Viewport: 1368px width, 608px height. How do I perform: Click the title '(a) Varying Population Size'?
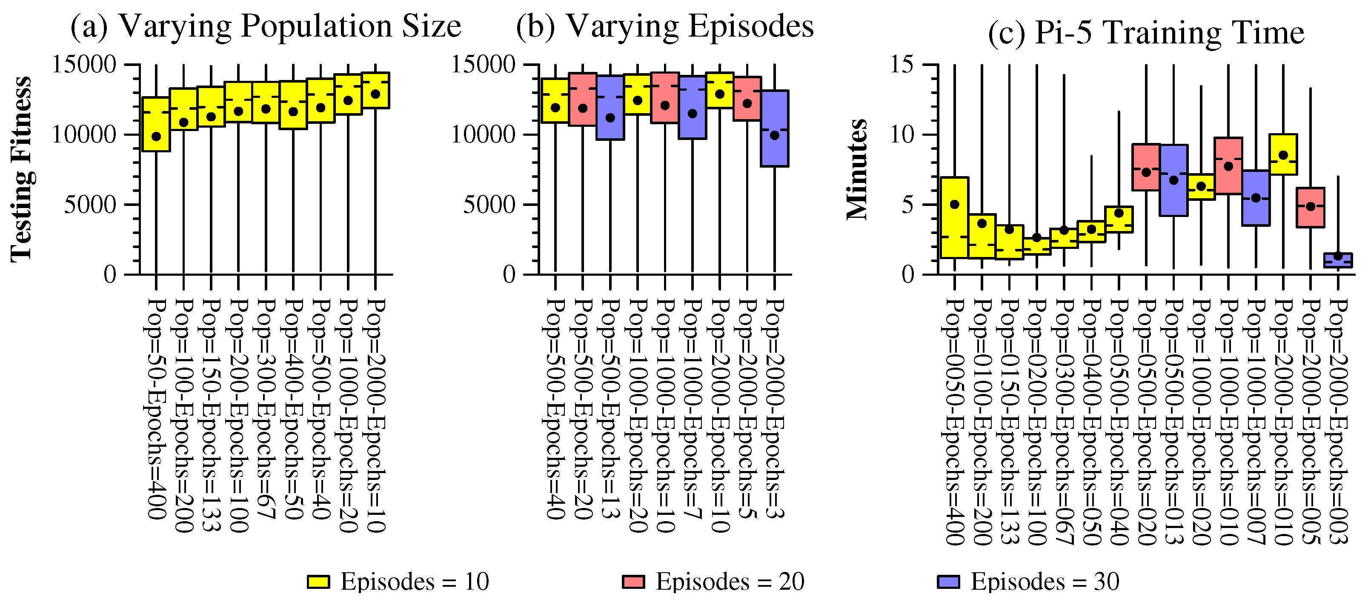pyautogui.click(x=266, y=26)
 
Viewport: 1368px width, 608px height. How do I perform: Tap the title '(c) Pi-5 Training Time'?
pyautogui.click(x=1145, y=33)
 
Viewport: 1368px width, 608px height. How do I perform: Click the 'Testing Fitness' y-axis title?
pyautogui.click(x=21, y=169)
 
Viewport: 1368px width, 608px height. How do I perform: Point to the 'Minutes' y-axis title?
pyautogui.click(x=856, y=169)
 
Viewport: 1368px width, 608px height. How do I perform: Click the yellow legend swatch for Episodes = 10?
pyautogui.click(x=318, y=582)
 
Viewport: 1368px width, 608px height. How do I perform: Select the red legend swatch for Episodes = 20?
pyautogui.click(x=633, y=582)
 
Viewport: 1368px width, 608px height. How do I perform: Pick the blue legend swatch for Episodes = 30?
pyautogui.click(x=948, y=582)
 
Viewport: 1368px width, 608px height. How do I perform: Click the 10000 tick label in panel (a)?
pyautogui.click(x=84, y=135)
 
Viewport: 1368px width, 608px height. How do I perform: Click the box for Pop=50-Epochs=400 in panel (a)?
pyautogui.click(x=156, y=124)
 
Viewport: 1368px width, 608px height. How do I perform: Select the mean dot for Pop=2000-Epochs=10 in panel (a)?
pyautogui.click(x=375, y=94)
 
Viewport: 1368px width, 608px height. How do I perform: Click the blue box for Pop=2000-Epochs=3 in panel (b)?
pyautogui.click(x=775, y=128)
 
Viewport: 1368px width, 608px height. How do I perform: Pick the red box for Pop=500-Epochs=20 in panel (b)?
pyautogui.click(x=583, y=99)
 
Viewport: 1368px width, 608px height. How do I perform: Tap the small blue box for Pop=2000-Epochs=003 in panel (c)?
pyautogui.click(x=1338, y=261)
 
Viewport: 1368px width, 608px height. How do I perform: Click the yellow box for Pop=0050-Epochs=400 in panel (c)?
pyautogui.click(x=954, y=218)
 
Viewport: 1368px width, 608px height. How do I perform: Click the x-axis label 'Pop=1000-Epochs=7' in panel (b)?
pyautogui.click(x=693, y=409)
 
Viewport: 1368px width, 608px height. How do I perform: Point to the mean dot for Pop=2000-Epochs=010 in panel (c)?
pyautogui.click(x=1283, y=155)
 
